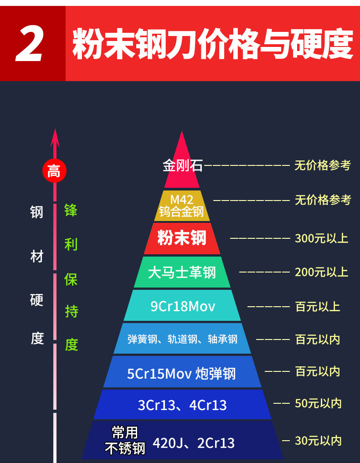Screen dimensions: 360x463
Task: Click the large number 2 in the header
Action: click(x=30, y=44)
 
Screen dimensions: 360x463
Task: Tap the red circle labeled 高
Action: click(x=54, y=171)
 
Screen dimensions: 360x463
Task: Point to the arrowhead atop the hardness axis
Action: click(x=55, y=137)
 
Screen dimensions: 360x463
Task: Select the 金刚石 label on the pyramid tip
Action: click(x=182, y=165)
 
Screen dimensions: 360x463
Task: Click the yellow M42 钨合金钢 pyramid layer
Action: click(x=182, y=206)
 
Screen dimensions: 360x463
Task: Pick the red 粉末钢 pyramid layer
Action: click(x=182, y=238)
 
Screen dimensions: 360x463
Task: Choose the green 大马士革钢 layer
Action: click(x=182, y=273)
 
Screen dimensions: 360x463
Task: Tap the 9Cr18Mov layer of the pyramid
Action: click(x=182, y=306)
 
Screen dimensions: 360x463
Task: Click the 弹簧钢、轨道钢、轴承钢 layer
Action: click(x=182, y=339)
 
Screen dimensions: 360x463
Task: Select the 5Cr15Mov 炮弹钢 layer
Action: click(x=182, y=373)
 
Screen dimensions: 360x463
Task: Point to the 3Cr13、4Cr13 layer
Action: click(x=182, y=405)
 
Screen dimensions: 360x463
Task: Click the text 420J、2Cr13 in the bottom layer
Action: click(x=194, y=442)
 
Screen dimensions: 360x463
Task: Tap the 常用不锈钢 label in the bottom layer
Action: click(x=125, y=440)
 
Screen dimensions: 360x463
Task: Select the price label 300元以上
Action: click(x=322, y=238)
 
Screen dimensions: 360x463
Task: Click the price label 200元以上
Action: click(x=322, y=272)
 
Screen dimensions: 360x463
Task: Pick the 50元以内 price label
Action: click(x=318, y=403)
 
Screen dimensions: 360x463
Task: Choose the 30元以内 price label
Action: click(x=318, y=441)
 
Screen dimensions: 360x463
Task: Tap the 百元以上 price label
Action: click(x=318, y=306)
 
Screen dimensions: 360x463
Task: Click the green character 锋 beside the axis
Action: click(x=71, y=211)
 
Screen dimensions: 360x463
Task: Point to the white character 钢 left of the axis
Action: click(x=37, y=211)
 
